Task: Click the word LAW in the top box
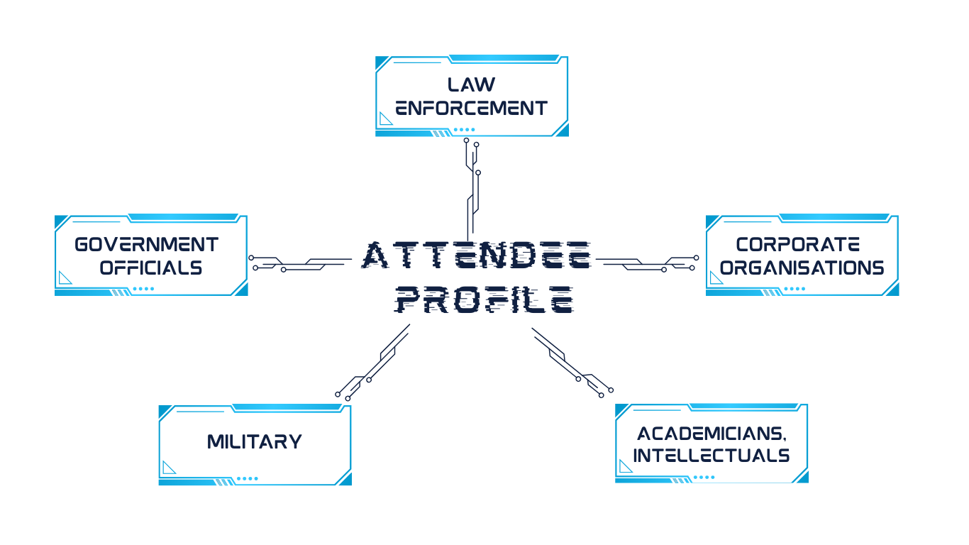click(471, 84)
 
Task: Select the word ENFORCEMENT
click(471, 109)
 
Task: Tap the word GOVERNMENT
click(147, 245)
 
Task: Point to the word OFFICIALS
click(151, 268)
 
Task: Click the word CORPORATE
click(798, 245)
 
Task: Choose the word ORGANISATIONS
click(802, 268)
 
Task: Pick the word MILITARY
click(255, 442)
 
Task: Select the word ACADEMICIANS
click(711, 434)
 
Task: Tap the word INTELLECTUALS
click(711, 456)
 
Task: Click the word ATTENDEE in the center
click(477, 255)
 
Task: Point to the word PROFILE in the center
click(484, 300)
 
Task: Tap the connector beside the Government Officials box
click(298, 263)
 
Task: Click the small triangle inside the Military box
click(169, 467)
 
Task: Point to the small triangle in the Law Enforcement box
click(386, 119)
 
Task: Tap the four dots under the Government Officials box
click(143, 289)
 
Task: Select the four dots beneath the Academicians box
click(704, 478)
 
